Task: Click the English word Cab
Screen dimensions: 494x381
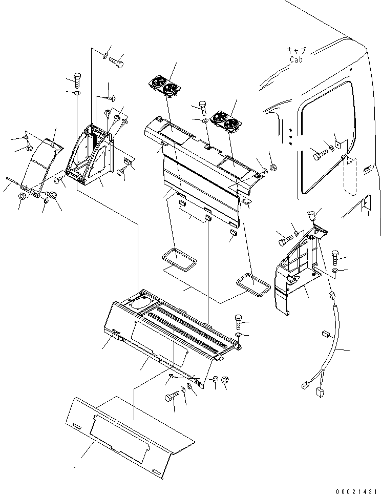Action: pyautogui.click(x=296, y=59)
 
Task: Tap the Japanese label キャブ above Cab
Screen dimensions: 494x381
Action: pyautogui.click(x=296, y=51)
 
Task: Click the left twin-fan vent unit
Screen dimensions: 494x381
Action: pyautogui.click(x=162, y=86)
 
